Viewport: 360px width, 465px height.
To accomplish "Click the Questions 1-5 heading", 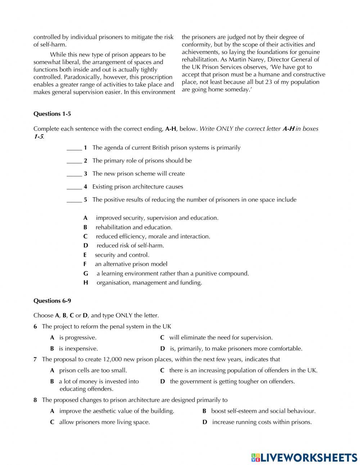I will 52,114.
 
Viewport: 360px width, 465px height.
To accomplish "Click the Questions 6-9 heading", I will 52,301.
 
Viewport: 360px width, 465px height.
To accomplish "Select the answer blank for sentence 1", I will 74,148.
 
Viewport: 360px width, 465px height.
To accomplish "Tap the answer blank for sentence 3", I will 74,174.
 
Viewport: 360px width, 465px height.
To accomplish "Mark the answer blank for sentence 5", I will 74,200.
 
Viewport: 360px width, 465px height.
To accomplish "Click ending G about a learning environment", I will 172,273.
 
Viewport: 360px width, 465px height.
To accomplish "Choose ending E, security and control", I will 122,255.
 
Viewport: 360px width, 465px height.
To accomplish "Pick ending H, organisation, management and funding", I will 149,283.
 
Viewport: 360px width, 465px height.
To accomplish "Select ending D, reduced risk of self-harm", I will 130,246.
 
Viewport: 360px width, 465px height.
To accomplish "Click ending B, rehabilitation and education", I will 134,227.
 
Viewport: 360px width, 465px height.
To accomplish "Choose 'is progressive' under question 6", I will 77,338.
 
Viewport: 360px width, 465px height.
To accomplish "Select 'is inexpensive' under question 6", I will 78,349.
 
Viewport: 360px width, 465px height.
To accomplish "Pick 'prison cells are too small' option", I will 93,370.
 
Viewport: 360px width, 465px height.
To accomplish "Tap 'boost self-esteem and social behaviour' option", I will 263,411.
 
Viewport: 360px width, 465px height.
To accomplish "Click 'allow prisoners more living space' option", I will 104,422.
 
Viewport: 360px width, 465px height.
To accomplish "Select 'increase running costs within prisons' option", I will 262,422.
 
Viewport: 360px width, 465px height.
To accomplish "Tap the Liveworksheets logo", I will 304,457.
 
